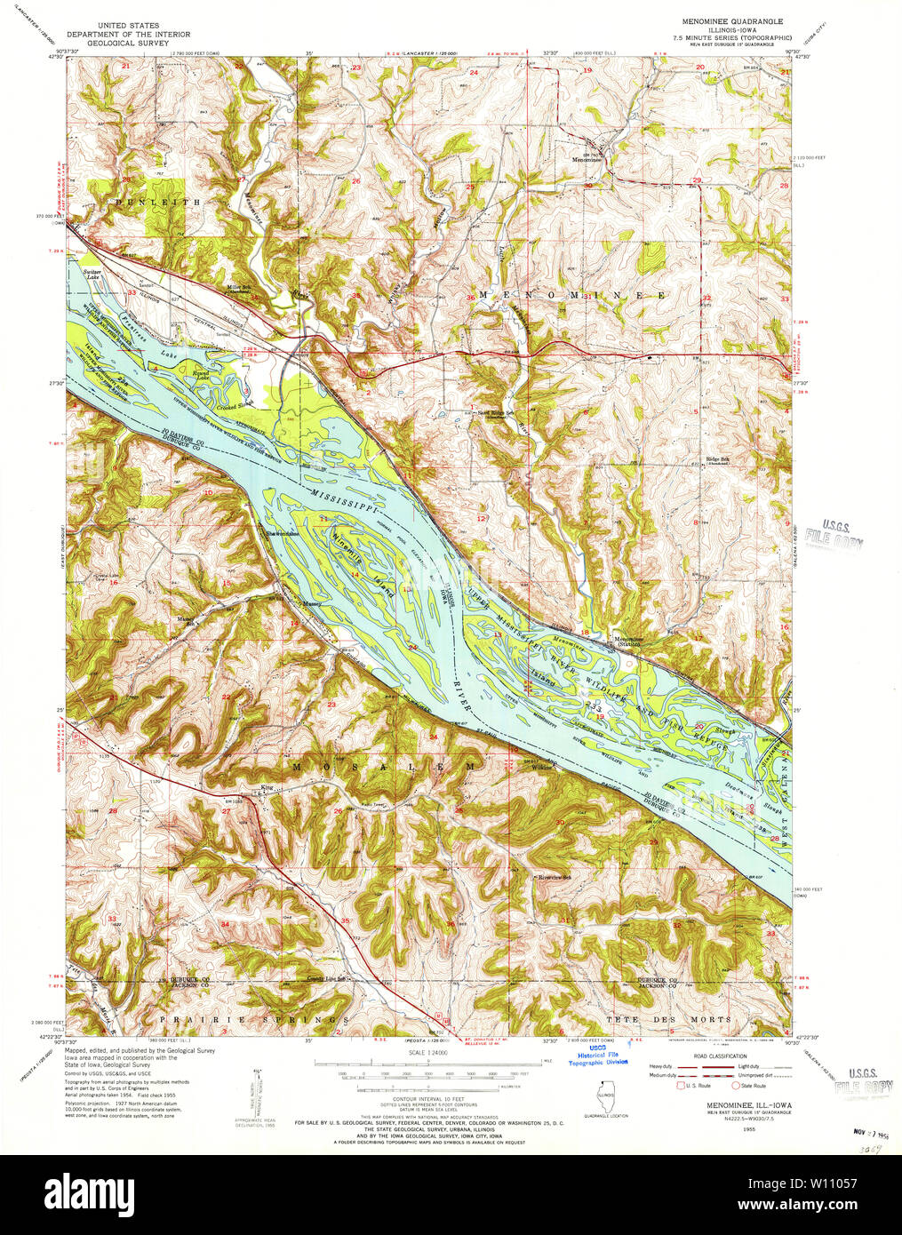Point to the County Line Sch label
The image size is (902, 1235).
coord(324,978)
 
